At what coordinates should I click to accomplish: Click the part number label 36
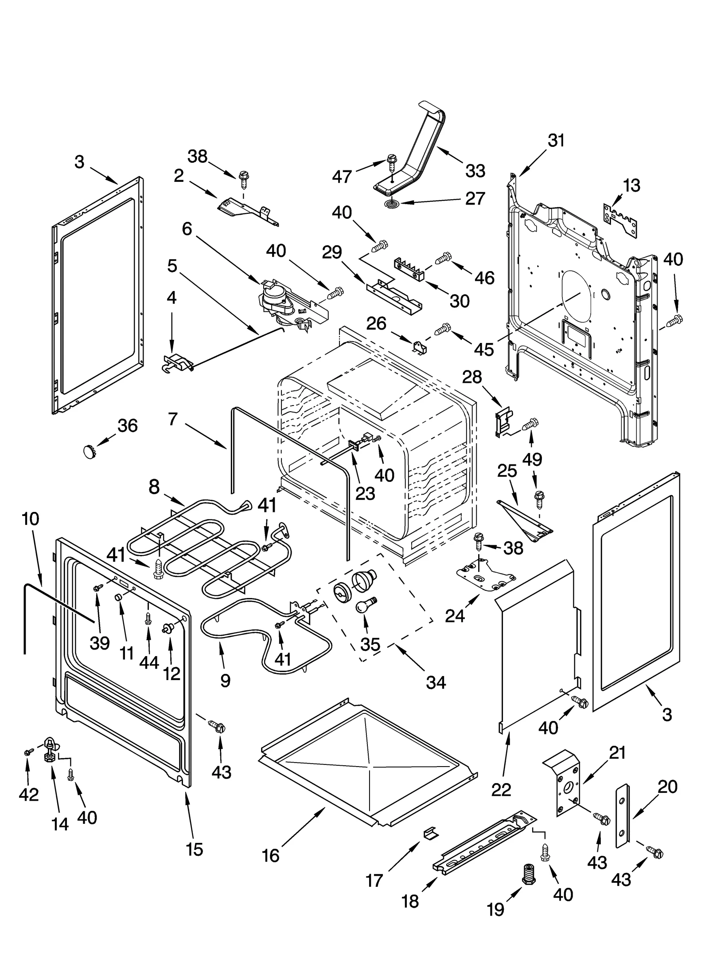tap(128, 425)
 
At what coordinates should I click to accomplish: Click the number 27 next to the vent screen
tap(475, 198)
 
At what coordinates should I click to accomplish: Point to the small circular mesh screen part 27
tap(391, 204)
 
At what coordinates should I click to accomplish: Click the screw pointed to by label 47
tap(392, 162)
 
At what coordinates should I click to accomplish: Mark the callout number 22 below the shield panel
tap(501, 790)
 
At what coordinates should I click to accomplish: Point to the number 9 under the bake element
tap(225, 680)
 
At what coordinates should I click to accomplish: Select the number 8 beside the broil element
tap(154, 487)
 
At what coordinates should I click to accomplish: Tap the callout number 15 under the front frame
tap(195, 849)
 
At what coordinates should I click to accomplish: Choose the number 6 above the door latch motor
tap(187, 229)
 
